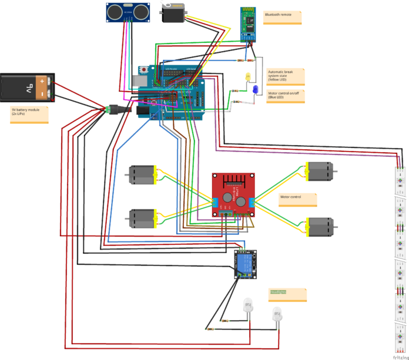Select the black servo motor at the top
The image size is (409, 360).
(176, 12)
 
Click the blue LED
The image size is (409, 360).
(256, 89)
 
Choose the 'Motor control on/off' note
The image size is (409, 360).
(286, 96)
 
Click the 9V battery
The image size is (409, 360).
(28, 88)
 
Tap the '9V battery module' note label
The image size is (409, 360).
(29, 114)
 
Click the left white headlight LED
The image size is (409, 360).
(247, 308)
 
